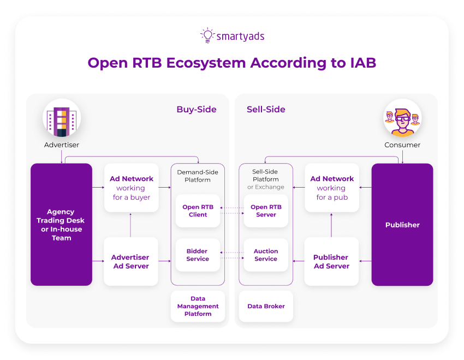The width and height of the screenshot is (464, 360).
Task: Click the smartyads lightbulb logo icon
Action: pos(207,35)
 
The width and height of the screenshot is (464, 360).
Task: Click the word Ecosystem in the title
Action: pos(206,63)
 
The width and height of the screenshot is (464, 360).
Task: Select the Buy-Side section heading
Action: pos(196,110)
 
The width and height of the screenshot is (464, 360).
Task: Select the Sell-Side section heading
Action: pos(266,110)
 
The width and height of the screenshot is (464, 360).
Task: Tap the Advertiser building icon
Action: pos(62,118)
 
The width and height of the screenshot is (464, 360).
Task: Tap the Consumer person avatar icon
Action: pos(402,118)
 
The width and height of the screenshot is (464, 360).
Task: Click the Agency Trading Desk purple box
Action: pos(61,224)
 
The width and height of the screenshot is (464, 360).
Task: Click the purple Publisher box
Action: pos(402,224)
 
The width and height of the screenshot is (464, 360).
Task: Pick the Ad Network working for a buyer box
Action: pos(132,188)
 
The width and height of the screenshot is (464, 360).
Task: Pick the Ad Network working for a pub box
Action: pos(332,188)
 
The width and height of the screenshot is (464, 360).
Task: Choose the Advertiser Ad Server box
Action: pos(130,261)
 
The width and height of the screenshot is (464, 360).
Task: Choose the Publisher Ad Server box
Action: pos(331,261)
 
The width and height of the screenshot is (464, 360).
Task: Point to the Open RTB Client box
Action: pos(198,211)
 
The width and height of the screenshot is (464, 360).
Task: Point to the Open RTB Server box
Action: pos(266,211)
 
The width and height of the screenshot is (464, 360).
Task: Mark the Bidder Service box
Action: pos(198,255)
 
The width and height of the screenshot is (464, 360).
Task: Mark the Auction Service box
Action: pos(266,255)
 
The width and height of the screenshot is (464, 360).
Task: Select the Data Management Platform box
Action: pos(198,306)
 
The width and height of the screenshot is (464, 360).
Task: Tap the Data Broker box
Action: pos(266,306)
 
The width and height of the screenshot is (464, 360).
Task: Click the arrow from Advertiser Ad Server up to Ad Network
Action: pos(131,225)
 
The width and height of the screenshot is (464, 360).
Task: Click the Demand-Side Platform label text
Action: pos(198,176)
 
